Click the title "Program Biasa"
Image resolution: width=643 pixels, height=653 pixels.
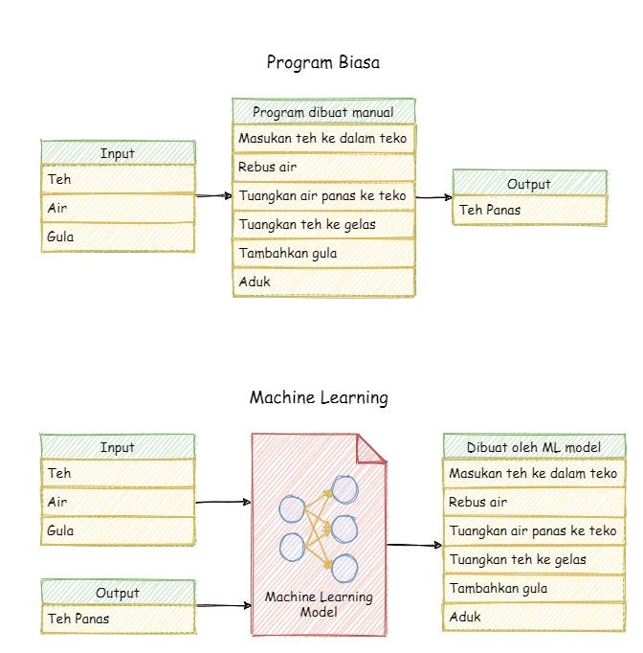pyautogui.click(x=322, y=63)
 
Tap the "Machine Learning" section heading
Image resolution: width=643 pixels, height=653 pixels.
pyautogui.click(x=319, y=397)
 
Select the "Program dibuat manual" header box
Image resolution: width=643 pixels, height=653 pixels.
pyautogui.click(x=322, y=111)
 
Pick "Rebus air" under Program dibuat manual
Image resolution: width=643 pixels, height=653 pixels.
pyautogui.click(x=322, y=168)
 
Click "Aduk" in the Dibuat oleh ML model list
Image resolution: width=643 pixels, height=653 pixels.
pyautogui.click(x=534, y=617)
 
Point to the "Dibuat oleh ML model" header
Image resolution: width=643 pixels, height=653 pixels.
pyautogui.click(x=534, y=447)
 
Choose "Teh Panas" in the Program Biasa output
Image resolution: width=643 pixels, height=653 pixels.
pyautogui.click(x=528, y=211)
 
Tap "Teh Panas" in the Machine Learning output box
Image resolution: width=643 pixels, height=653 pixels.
pyautogui.click(x=117, y=619)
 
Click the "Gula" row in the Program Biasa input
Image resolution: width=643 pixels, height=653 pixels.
pyautogui.click(x=117, y=237)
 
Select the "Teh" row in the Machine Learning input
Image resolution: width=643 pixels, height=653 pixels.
pyautogui.click(x=117, y=473)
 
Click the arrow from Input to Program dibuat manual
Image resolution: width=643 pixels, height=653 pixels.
pyautogui.click(x=213, y=196)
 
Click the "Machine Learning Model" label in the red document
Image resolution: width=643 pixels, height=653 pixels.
pyautogui.click(x=319, y=604)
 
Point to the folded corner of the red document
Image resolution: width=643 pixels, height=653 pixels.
pyautogui.click(x=371, y=448)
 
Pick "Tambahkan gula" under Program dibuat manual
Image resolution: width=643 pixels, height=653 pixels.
pyautogui.click(x=322, y=254)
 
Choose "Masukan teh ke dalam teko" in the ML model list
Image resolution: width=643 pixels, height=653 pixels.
pyautogui.click(x=534, y=474)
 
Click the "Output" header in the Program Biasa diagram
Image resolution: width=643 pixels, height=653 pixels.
pyautogui.click(x=528, y=183)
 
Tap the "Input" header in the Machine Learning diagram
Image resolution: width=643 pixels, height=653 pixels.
pyautogui.click(x=117, y=447)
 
